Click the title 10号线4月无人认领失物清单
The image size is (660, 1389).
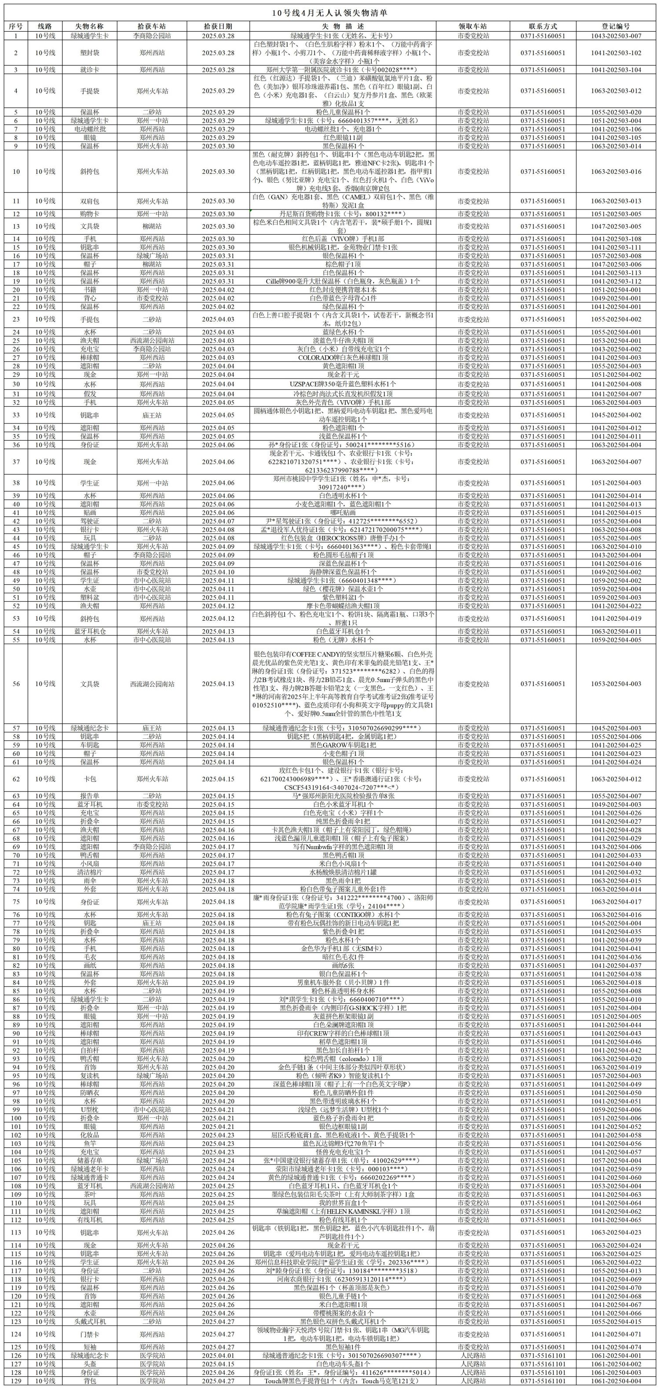click(330, 13)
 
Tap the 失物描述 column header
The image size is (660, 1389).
click(343, 26)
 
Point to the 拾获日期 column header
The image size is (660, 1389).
click(218, 26)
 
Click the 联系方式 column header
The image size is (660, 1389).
click(543, 26)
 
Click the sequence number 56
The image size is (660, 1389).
click(16, 684)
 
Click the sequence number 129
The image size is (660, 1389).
click(16, 1379)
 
